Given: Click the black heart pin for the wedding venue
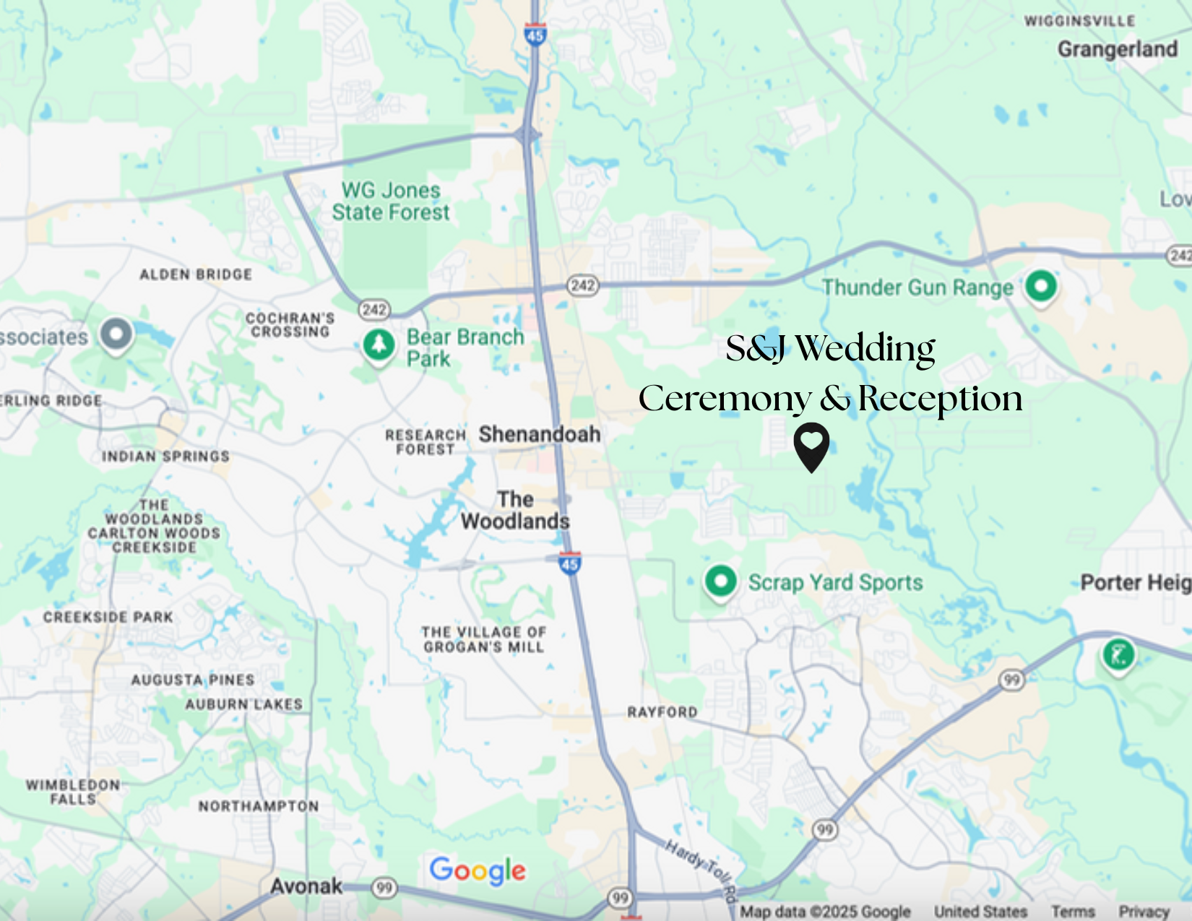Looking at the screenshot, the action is [x=811, y=444].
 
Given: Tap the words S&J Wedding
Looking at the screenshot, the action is [x=830, y=349].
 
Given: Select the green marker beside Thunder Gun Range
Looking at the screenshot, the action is [x=1040, y=287].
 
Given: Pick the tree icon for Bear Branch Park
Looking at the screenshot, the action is [x=379, y=345].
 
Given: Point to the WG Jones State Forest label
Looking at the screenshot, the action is [x=391, y=202].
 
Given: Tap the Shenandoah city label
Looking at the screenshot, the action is [x=540, y=434].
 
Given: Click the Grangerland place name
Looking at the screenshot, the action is [x=1117, y=49].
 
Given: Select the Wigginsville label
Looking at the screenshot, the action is [x=1079, y=21].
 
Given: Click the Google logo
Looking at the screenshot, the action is [x=478, y=871].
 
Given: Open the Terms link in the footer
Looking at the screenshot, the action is [x=1073, y=912].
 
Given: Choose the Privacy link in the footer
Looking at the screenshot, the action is [x=1144, y=912].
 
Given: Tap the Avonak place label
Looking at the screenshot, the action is [x=306, y=886].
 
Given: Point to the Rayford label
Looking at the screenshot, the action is [x=662, y=712].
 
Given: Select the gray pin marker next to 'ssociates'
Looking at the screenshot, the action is [x=116, y=334].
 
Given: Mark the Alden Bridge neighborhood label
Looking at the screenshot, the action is [x=196, y=274].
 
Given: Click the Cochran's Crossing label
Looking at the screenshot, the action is [x=290, y=325].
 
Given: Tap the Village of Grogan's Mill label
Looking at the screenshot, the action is [x=483, y=639].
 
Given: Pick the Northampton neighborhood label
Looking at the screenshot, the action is [x=259, y=806].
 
